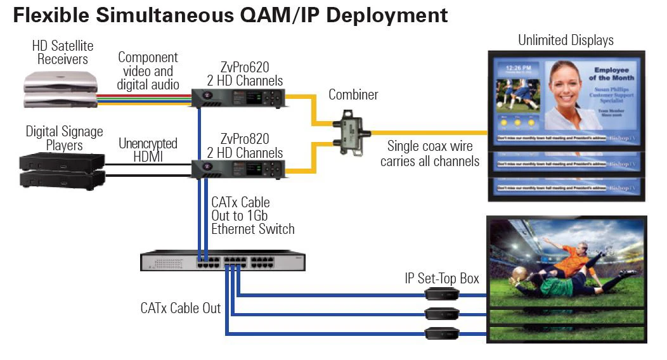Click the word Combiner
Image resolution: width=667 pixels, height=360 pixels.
click(x=353, y=95)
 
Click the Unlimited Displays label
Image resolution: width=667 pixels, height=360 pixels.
click(x=566, y=41)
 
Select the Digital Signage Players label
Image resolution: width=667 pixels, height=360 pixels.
click(x=63, y=138)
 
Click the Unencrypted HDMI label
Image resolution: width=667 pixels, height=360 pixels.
click(x=148, y=150)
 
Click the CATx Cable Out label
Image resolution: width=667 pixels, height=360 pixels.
click(x=181, y=308)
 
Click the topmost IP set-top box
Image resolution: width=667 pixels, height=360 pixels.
click(x=443, y=293)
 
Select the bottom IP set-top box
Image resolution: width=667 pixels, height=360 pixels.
click(x=443, y=333)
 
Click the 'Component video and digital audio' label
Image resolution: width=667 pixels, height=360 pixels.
click(x=148, y=71)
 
